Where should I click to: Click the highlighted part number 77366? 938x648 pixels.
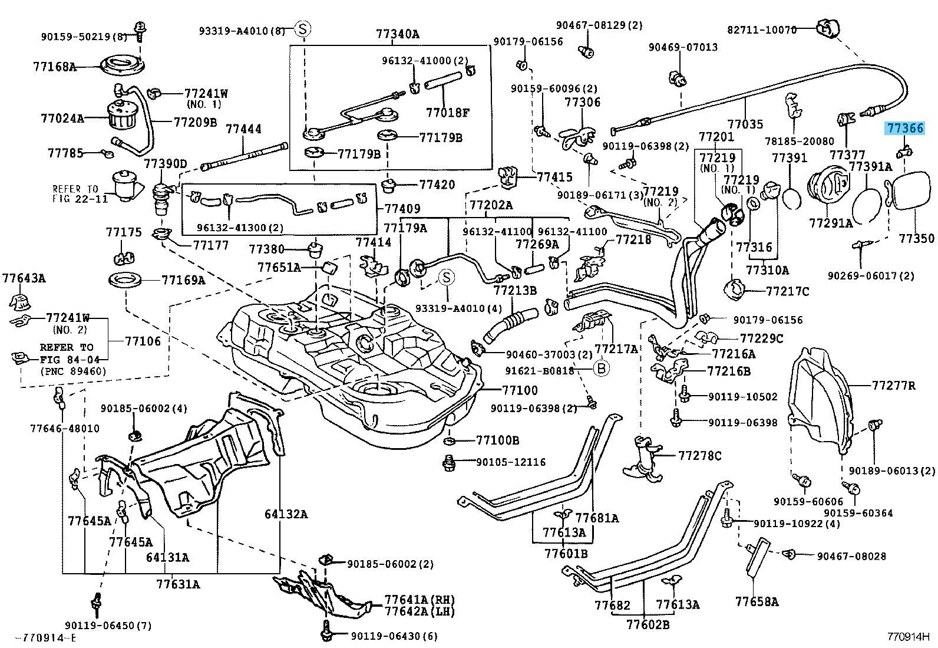click(x=904, y=129)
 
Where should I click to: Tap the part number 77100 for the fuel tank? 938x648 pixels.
click(x=520, y=390)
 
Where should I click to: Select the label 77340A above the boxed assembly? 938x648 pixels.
click(x=397, y=34)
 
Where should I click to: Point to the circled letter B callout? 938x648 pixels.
click(x=602, y=369)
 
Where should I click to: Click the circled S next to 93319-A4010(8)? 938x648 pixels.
click(x=303, y=29)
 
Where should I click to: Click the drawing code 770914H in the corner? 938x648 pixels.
click(x=907, y=637)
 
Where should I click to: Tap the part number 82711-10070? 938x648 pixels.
click(x=761, y=29)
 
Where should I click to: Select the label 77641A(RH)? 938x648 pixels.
click(x=420, y=600)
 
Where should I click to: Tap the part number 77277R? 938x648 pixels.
click(x=894, y=385)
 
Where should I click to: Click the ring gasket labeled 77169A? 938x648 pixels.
click(x=125, y=279)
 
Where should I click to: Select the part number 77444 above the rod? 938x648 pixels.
click(x=243, y=129)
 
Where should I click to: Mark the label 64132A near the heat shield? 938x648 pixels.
click(x=286, y=514)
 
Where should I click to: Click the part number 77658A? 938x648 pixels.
click(x=757, y=602)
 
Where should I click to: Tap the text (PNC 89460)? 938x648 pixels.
click(x=74, y=371)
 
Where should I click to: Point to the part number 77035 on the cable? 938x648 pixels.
click(x=745, y=124)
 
